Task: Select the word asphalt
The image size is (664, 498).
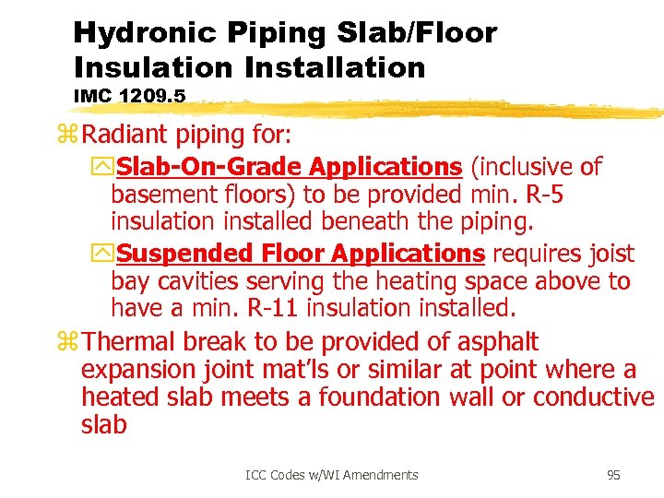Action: pos(498,342)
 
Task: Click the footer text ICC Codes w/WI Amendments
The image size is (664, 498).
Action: pos(332,475)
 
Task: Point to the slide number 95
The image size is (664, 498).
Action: pos(613,475)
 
